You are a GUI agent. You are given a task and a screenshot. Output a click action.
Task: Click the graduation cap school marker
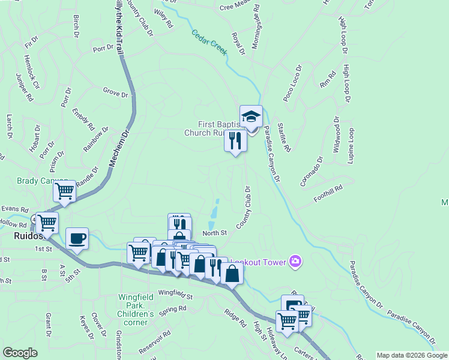[x=251, y=116]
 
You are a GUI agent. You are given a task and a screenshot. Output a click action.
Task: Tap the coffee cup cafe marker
[x=77, y=238]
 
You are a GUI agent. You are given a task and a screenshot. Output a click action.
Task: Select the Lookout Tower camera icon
[x=295, y=261]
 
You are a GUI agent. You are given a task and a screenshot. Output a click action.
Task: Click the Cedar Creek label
[x=209, y=43]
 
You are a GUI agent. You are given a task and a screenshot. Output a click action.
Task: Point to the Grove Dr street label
[x=116, y=94]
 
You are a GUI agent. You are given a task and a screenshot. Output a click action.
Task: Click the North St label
[x=215, y=233]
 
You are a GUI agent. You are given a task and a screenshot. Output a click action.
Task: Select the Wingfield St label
[x=175, y=296]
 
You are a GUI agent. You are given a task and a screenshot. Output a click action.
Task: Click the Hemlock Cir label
[x=31, y=72]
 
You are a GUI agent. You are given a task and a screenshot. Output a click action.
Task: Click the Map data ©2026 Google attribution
[x=412, y=355]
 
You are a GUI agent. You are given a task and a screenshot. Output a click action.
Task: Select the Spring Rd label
[x=173, y=310]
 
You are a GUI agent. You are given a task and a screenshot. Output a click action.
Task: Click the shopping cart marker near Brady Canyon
[x=64, y=191]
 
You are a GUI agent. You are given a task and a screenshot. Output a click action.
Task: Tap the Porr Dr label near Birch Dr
[x=104, y=47]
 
